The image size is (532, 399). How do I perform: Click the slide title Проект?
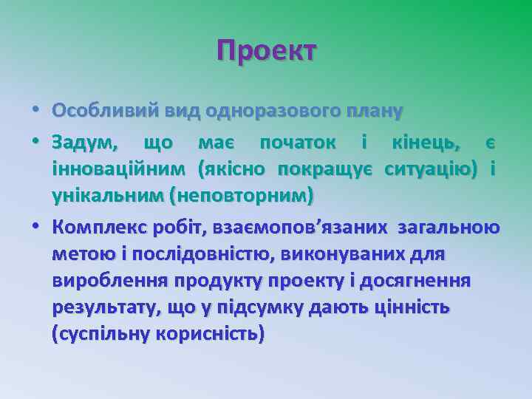[x=266, y=51]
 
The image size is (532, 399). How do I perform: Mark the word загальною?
[x=449, y=227]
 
